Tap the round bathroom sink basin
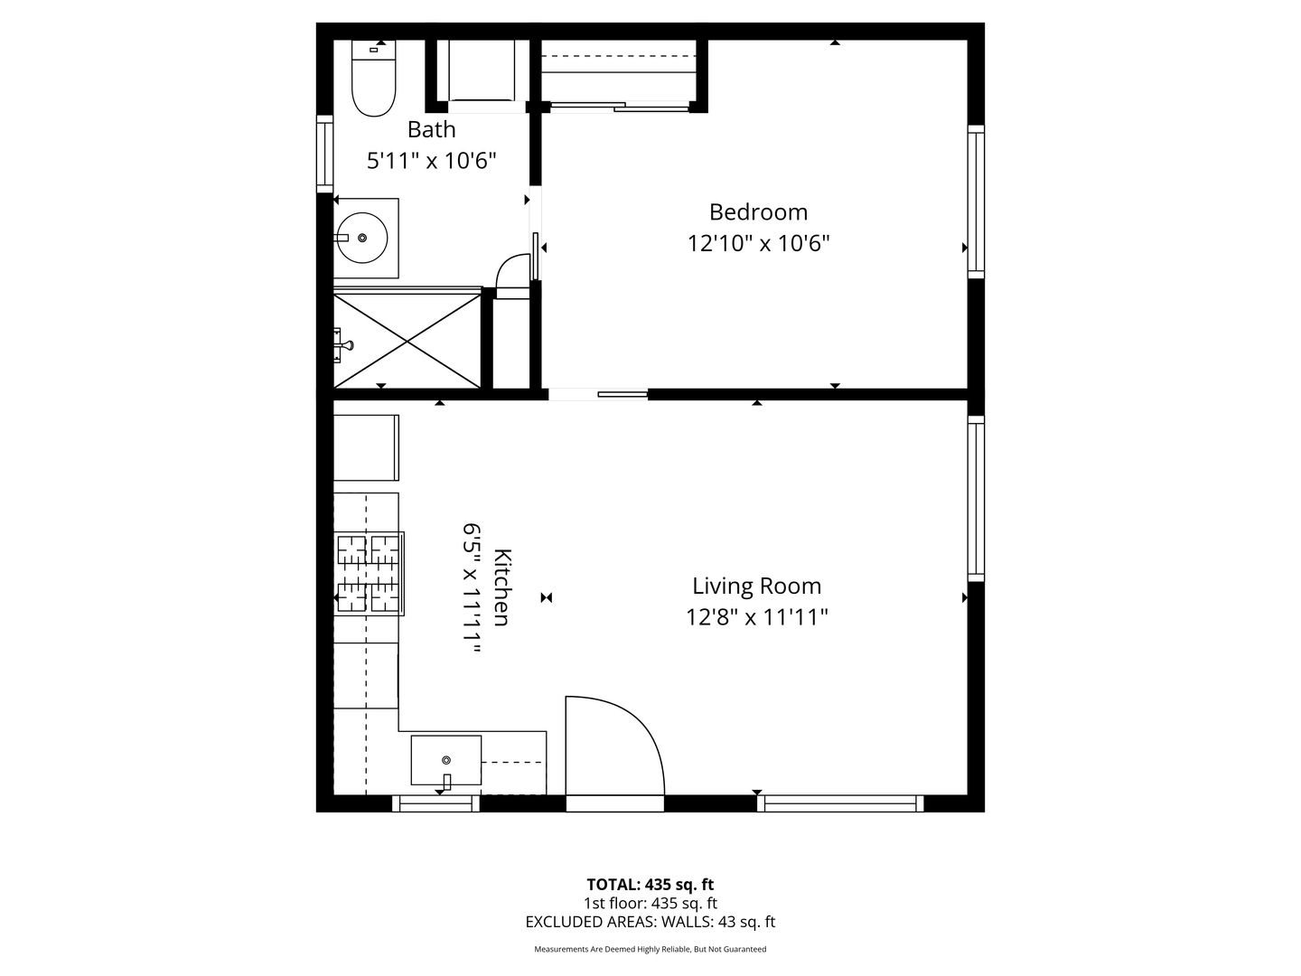[362, 238]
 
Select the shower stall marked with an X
[407, 342]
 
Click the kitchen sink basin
[446, 760]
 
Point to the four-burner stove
[370, 574]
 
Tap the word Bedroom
[758, 212]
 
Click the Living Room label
[757, 587]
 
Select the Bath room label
[432, 129]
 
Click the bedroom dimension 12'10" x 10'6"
[758, 244]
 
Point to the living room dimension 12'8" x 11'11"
[757, 617]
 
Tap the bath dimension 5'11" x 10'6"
[432, 161]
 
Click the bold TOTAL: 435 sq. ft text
[650, 884]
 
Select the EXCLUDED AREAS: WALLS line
[650, 922]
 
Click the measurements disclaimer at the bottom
[650, 949]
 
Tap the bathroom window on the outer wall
[325, 154]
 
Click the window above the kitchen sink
[435, 803]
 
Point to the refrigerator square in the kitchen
[366, 447]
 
